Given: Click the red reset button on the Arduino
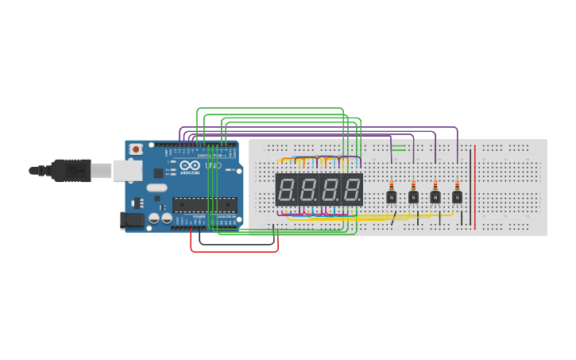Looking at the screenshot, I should click(x=136, y=149).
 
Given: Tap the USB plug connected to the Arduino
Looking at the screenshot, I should click(x=72, y=170).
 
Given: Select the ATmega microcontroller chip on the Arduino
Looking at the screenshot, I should click(x=204, y=204).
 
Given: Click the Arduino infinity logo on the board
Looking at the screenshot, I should click(x=190, y=165).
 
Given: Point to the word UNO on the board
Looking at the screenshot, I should click(x=213, y=165).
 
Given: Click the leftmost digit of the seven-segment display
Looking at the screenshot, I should click(x=286, y=190).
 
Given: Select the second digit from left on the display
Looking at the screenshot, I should click(x=308, y=190).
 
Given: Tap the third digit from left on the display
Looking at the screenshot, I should click(x=330, y=190).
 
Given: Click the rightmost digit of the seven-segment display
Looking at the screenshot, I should click(x=352, y=190).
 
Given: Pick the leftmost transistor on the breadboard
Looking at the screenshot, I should click(x=391, y=197).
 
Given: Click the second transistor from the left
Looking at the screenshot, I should click(x=413, y=197).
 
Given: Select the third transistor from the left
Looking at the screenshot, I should click(x=435, y=197).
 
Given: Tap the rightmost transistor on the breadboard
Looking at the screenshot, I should click(x=457, y=197).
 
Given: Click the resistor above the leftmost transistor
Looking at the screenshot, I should click(x=391, y=185).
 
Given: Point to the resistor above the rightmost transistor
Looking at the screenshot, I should click(x=457, y=185).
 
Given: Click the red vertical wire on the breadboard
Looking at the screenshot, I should click(x=475, y=191).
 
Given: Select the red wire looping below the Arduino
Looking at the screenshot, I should click(x=234, y=251).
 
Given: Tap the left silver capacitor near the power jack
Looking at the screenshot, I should click(x=154, y=218).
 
